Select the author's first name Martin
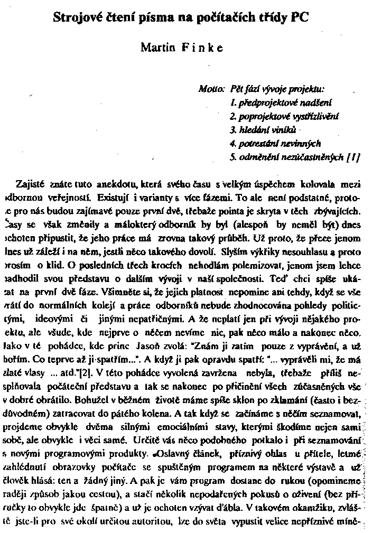(x=157, y=48)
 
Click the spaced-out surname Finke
(x=202, y=48)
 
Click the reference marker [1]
(x=354, y=156)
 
